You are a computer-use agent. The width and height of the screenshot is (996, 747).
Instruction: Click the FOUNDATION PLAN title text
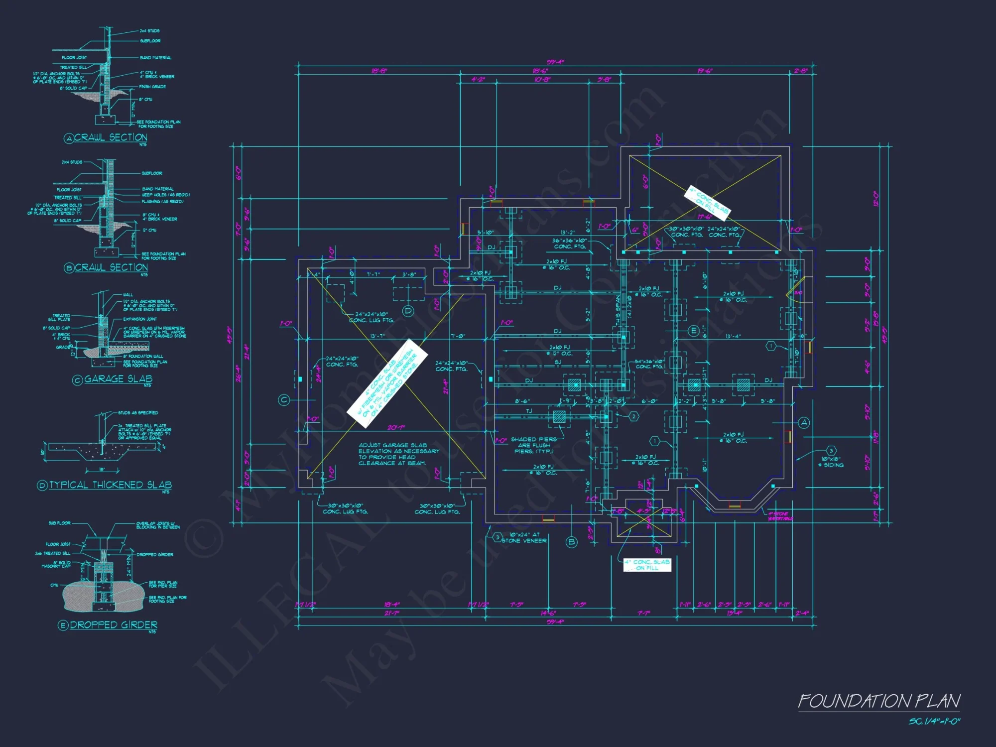click(x=879, y=701)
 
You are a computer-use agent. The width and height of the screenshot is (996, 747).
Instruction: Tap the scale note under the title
click(x=934, y=722)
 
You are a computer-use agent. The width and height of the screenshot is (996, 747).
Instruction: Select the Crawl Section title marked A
click(x=111, y=137)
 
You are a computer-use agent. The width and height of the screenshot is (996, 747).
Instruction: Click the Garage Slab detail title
click(x=118, y=379)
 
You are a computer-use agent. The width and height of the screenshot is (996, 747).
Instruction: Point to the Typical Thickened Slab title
click(x=110, y=485)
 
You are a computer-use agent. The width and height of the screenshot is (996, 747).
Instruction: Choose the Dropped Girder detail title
click(x=114, y=625)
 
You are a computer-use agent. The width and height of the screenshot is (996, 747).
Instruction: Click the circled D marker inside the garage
click(x=408, y=311)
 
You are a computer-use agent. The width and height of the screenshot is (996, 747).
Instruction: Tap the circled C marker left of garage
click(x=284, y=400)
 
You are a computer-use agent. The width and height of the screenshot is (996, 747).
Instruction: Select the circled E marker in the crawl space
click(x=693, y=331)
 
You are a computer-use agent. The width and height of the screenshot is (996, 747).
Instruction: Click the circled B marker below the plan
click(x=572, y=542)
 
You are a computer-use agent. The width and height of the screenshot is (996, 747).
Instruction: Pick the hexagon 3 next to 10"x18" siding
click(x=831, y=451)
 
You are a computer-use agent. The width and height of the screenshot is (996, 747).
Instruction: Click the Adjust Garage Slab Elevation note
click(x=398, y=454)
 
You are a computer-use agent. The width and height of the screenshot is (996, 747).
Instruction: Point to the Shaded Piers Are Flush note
click(x=533, y=445)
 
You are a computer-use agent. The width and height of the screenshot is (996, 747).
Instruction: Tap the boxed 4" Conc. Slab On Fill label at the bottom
click(x=647, y=565)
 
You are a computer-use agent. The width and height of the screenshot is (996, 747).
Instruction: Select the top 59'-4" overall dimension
click(x=555, y=62)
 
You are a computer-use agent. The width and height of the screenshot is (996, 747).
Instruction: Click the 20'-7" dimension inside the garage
click(x=396, y=428)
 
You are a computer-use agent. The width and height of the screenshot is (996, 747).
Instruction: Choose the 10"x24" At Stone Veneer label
click(x=524, y=538)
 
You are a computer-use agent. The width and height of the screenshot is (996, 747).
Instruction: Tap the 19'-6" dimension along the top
click(x=704, y=71)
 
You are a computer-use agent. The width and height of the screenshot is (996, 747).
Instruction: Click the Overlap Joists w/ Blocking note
click(x=158, y=525)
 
